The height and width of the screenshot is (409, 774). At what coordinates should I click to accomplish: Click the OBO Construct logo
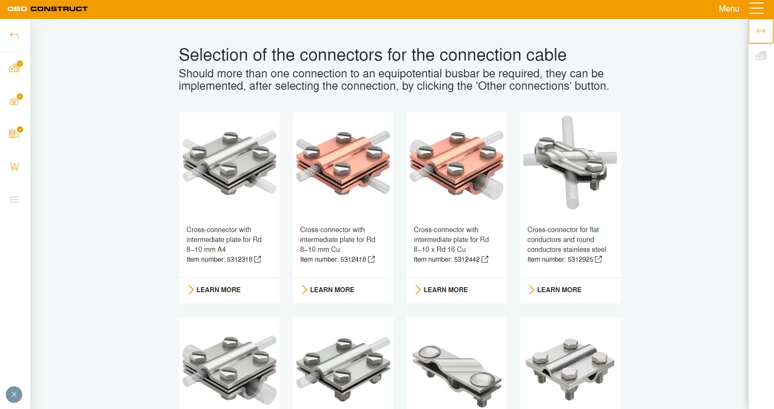click(47, 9)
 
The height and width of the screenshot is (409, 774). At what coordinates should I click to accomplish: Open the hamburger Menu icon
click(756, 9)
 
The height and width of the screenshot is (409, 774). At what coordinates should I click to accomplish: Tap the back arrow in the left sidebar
click(14, 35)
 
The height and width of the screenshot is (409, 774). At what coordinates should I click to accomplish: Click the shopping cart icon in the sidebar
click(14, 167)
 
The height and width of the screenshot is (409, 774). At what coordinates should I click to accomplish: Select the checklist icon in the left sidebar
click(14, 200)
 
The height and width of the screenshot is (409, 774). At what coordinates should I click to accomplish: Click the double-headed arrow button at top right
click(761, 31)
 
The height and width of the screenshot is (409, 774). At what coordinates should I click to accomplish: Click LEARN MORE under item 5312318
click(214, 290)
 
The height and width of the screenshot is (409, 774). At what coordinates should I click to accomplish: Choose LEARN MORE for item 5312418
click(328, 290)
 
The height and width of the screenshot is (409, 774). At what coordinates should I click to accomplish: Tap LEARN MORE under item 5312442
click(441, 290)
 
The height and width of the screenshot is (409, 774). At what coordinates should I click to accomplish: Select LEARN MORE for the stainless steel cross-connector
click(555, 290)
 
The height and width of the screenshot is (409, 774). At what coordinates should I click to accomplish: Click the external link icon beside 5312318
click(257, 259)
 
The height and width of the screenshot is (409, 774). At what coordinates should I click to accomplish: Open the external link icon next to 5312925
click(598, 259)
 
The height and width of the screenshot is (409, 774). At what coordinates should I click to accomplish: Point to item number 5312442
click(467, 259)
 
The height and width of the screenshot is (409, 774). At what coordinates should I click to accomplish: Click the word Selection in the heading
click(213, 55)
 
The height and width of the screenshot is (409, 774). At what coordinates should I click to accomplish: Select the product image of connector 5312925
click(570, 162)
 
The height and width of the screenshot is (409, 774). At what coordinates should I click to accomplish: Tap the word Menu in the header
click(729, 9)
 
